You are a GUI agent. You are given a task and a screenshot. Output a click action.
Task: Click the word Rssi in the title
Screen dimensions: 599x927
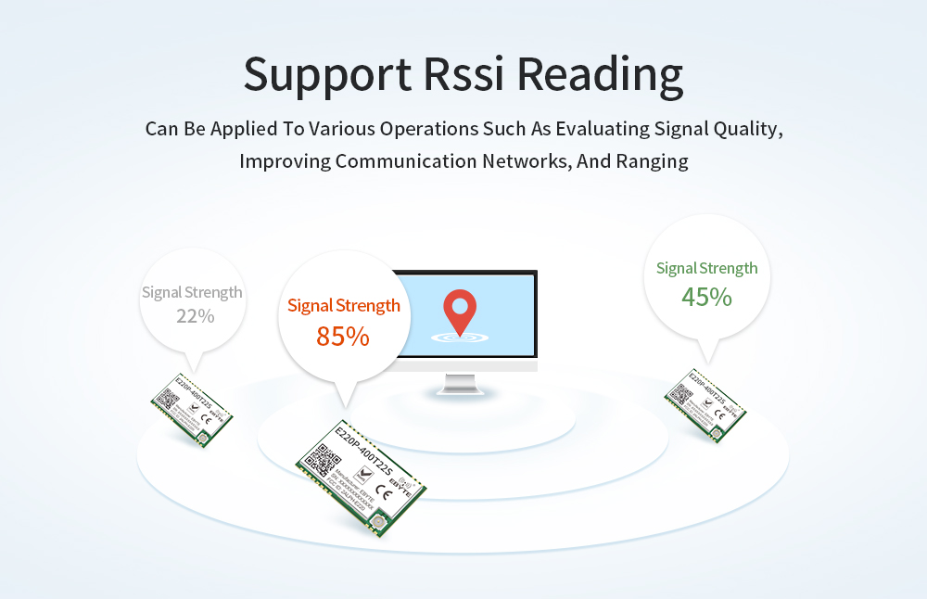click(463, 74)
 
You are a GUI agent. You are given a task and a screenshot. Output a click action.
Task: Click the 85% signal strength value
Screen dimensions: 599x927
click(343, 336)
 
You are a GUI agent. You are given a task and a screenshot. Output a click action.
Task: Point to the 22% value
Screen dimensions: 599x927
click(195, 316)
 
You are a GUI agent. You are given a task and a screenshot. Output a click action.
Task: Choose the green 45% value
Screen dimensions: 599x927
click(706, 297)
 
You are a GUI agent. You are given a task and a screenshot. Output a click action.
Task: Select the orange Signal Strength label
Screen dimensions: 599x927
click(344, 305)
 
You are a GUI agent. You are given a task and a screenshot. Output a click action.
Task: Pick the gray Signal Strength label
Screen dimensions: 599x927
click(192, 292)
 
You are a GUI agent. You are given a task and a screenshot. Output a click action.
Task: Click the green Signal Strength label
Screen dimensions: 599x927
click(706, 268)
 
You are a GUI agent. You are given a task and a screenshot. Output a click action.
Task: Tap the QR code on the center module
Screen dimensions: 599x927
click(329, 460)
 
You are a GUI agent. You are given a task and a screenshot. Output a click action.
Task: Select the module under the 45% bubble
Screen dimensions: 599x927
click(705, 404)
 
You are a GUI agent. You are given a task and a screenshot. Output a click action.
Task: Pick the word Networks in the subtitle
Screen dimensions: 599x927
click(525, 161)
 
